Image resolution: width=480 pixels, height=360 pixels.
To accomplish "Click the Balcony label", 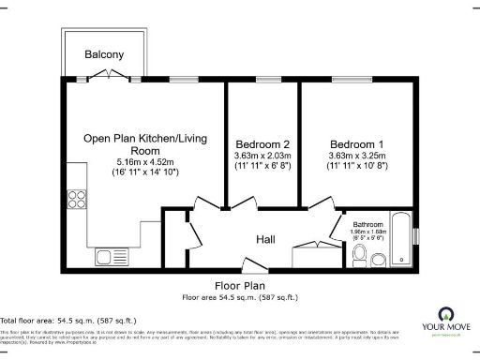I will pos(104,54).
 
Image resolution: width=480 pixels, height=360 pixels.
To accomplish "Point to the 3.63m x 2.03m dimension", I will pos(261,156).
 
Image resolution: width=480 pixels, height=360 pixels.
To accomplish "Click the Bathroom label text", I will pos(368,225).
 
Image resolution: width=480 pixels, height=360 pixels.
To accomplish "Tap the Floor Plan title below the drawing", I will pos(239,286).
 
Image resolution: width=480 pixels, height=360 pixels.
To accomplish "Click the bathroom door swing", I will pos(338,226).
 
